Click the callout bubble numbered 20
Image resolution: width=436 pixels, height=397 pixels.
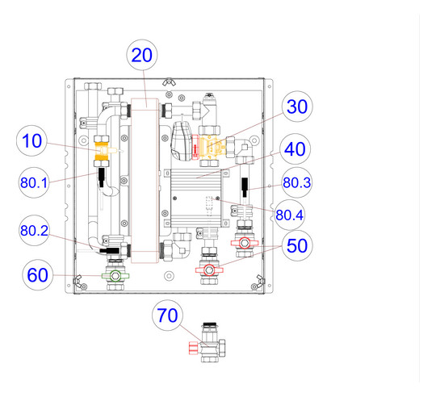(142, 55)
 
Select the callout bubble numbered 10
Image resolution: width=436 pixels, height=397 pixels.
(31, 140)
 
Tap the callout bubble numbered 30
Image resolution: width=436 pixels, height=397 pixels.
(297, 107)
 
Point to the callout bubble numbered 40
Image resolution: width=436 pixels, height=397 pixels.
(295, 149)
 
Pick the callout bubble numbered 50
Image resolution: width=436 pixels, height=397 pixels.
(297, 246)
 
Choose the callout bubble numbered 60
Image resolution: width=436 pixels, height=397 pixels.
(37, 275)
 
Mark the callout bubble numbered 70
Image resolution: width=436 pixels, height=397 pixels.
(167, 316)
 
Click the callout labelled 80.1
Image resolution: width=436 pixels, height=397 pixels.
(34, 183)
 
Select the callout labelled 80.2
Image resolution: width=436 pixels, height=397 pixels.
(34, 231)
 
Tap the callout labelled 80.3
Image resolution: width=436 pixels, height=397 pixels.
(296, 182)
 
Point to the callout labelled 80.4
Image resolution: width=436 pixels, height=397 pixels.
(290, 215)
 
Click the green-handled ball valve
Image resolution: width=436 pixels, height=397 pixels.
(115, 276)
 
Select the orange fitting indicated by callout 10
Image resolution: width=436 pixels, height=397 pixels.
(103, 151)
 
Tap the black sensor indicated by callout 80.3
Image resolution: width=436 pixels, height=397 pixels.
(245, 187)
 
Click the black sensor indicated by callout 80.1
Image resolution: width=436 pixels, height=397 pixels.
(102, 178)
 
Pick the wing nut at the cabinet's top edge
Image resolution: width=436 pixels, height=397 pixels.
(168, 82)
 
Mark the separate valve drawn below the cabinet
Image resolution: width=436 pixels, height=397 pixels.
(208, 342)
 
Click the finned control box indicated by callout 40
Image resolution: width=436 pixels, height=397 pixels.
(197, 198)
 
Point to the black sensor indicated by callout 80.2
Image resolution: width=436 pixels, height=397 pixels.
(109, 250)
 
